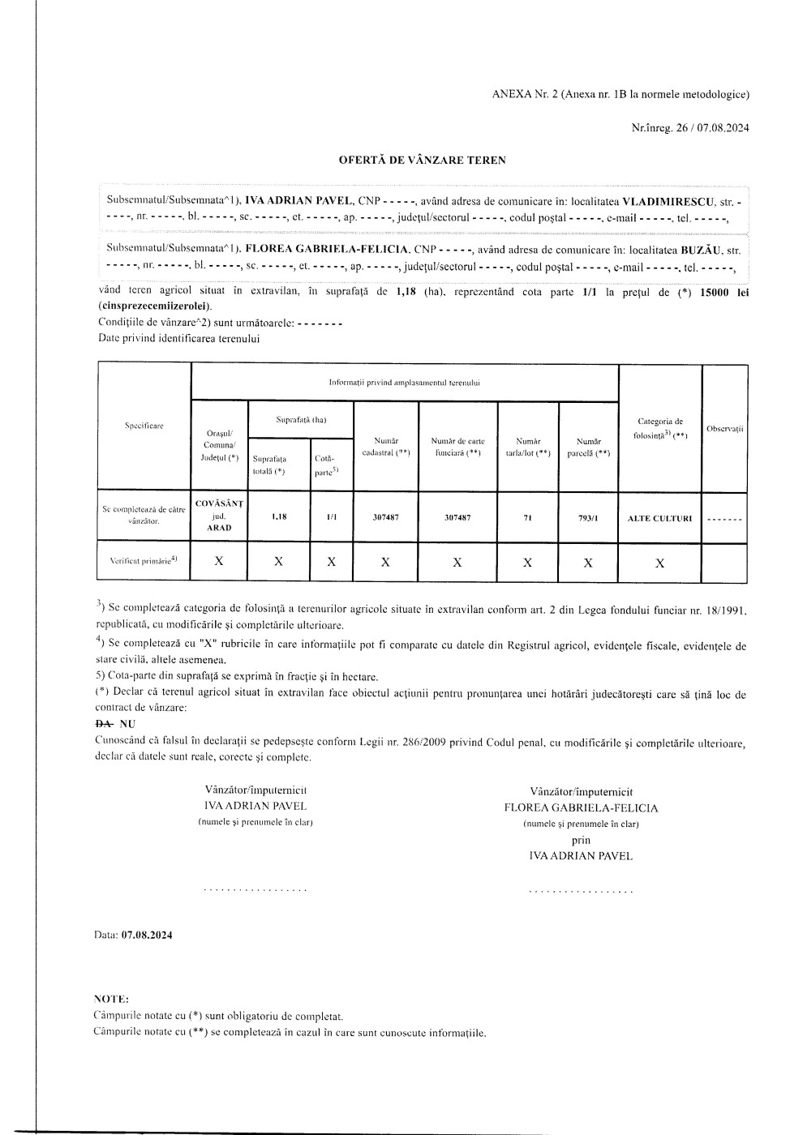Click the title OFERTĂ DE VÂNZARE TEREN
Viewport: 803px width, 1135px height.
pyautogui.click(x=422, y=160)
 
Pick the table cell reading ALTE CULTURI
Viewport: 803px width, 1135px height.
pyautogui.click(x=659, y=517)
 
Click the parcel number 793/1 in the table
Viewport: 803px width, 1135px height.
pyautogui.click(x=588, y=517)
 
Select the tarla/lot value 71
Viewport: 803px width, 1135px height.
pyautogui.click(x=527, y=517)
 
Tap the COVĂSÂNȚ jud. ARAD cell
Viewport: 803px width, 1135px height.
pyautogui.click(x=219, y=516)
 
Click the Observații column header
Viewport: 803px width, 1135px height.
pyautogui.click(x=724, y=428)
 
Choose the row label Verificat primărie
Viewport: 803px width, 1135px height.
pyautogui.click(x=144, y=560)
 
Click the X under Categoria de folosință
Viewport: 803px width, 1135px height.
pyautogui.click(x=659, y=562)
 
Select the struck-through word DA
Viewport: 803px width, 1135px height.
pyautogui.click(x=105, y=723)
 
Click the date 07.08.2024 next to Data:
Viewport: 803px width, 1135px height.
pyautogui.click(x=147, y=935)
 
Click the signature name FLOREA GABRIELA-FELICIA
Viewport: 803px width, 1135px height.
pyautogui.click(x=581, y=807)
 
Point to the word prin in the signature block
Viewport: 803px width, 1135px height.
pyautogui.click(x=581, y=840)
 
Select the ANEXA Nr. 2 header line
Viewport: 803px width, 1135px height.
pyautogui.click(x=620, y=94)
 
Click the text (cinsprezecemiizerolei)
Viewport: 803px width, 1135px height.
pyautogui.click(x=154, y=306)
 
